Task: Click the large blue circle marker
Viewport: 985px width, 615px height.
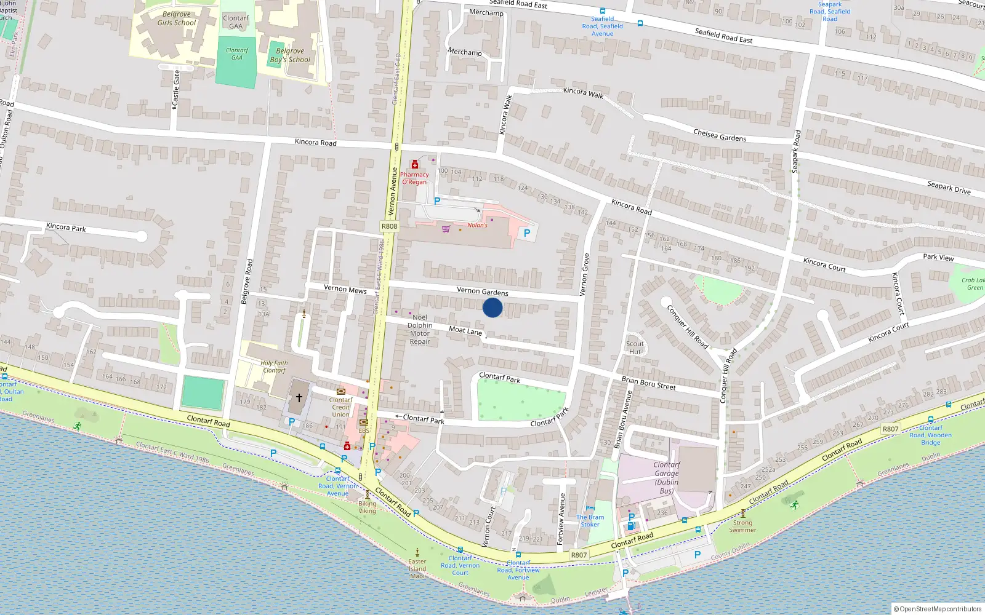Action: point(492,307)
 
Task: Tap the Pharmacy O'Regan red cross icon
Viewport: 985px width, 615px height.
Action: point(415,165)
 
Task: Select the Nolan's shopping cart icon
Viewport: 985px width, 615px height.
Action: point(446,229)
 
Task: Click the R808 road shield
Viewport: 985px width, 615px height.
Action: point(389,226)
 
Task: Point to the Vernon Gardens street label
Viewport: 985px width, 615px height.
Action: point(482,292)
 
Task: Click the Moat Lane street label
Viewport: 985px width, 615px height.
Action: point(465,331)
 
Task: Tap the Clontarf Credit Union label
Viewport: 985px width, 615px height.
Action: point(340,407)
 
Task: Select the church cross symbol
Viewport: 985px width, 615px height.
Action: point(299,398)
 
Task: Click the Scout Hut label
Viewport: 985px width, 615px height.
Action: point(635,348)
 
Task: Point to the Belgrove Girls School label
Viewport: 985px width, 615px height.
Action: point(177,18)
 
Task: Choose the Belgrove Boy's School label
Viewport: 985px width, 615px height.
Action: point(290,55)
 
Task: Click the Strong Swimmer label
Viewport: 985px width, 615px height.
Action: point(742,526)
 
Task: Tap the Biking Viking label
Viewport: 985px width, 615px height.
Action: point(368,507)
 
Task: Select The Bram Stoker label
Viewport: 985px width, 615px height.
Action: point(590,521)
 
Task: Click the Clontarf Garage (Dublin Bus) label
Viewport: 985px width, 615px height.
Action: point(667,478)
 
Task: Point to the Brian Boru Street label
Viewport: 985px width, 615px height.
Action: point(648,383)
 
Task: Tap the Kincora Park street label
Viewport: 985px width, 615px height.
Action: point(66,228)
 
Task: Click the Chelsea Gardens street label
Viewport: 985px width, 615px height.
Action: point(720,135)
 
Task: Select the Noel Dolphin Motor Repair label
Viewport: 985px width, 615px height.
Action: point(420,330)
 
